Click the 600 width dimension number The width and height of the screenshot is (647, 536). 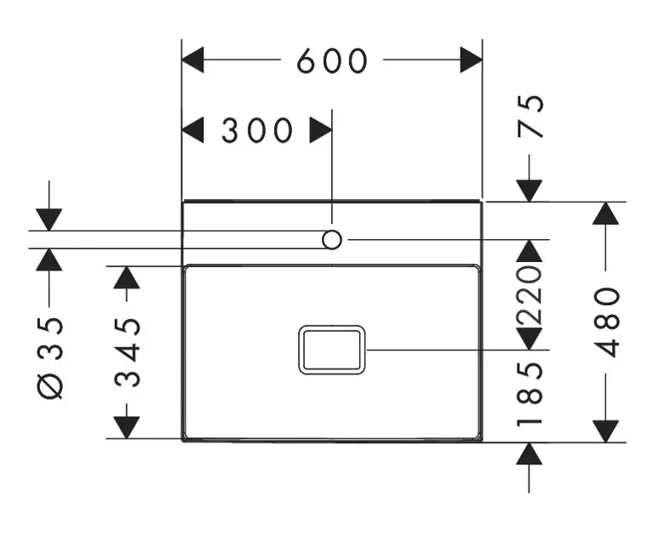coord(332,61)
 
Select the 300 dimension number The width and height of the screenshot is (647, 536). coord(257,130)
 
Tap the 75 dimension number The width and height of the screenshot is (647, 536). coord(530,116)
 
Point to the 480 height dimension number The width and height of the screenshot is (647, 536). coord(607,322)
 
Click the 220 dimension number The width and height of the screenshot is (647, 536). coord(530,295)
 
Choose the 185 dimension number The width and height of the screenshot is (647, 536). coord(530,393)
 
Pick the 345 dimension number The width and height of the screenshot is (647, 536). coord(128,352)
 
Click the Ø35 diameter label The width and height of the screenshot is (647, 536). coord(50,357)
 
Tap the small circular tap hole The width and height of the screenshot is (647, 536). coord(332,240)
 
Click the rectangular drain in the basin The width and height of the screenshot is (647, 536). coord(332,350)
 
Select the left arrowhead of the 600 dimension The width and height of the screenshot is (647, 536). coord(192,60)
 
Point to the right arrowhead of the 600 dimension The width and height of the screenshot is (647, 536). coord(472,60)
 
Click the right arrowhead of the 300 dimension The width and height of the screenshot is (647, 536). coord(321,130)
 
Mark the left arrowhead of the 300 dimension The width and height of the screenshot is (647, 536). coord(192,130)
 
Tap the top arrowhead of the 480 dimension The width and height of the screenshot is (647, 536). coord(605,214)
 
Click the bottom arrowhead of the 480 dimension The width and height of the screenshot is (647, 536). coord(605,431)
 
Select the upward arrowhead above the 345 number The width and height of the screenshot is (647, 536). coord(126,277)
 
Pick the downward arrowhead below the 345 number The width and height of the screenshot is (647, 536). coord(126,428)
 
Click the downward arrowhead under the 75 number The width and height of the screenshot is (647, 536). coord(530,191)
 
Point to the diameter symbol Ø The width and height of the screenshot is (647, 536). coord(50,386)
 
